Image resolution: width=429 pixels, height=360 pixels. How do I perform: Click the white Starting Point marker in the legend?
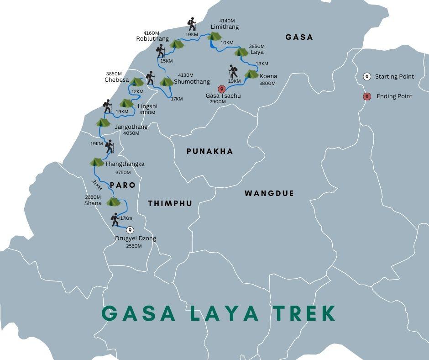point(366,76)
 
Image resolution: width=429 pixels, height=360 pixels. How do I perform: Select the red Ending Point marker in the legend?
point(366,96)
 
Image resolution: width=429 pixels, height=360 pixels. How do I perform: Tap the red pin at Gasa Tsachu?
point(222,89)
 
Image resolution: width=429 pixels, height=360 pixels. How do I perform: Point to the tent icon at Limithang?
point(214,36)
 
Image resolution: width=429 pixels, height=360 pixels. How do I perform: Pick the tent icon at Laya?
point(241,52)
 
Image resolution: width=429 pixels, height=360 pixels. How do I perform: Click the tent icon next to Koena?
point(251,74)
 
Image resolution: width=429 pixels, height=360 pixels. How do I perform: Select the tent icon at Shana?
point(113,201)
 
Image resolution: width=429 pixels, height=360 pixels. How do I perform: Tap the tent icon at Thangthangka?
point(97,162)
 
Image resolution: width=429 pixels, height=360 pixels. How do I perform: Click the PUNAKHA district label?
point(210,151)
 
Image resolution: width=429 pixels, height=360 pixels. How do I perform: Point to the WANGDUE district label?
point(269,193)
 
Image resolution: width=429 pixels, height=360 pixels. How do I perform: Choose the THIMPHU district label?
point(170,203)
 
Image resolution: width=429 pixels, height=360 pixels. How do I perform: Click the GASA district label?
point(299,37)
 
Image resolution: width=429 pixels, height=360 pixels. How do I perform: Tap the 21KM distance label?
point(97,185)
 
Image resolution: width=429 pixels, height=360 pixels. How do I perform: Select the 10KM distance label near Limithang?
point(227,43)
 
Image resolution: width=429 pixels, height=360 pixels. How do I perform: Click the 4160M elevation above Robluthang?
point(151,33)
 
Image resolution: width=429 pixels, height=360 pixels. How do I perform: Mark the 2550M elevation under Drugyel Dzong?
point(134,246)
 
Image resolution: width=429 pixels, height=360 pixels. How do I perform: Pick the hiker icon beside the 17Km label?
point(115,219)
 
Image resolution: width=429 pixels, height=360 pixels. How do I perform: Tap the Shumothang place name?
point(192,82)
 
